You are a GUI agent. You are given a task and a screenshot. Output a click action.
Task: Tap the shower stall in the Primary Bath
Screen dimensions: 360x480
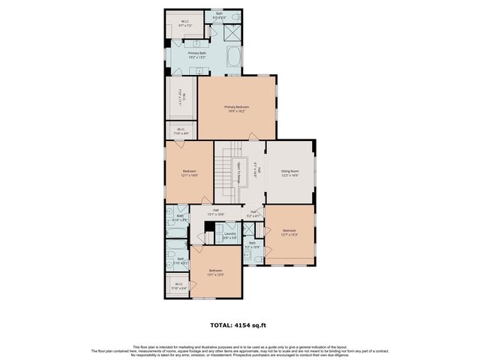232,33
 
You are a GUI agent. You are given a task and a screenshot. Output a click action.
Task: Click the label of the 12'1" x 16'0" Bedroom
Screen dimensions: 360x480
189,172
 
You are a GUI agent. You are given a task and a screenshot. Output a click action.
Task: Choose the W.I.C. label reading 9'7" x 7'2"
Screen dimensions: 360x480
185,22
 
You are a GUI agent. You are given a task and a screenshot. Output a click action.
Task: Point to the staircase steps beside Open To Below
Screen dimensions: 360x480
223,171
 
